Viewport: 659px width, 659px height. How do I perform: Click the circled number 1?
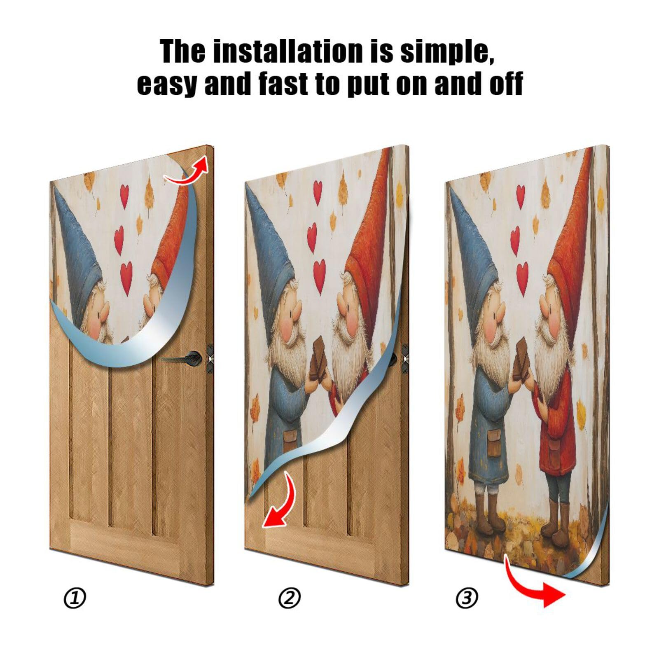point(75,598)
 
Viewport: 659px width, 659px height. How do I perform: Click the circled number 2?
point(290,598)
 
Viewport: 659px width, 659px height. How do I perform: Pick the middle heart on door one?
point(119,239)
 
